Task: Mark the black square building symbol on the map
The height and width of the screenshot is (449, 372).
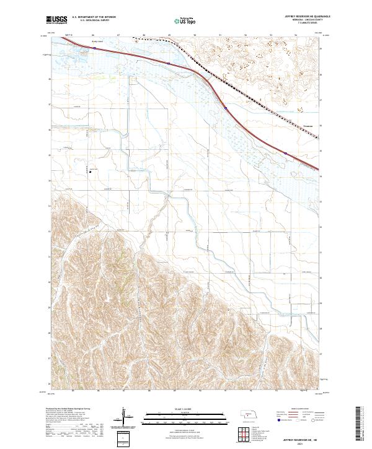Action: click(x=91, y=172)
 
